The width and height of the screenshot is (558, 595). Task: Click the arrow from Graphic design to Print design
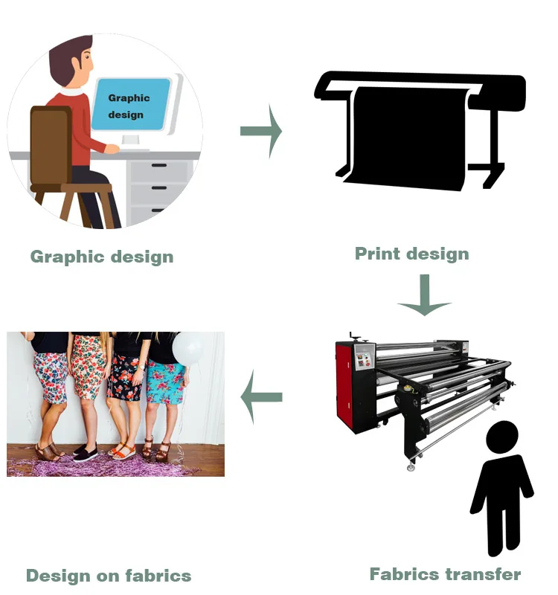(261, 131)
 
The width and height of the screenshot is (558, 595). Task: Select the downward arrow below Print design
(424, 295)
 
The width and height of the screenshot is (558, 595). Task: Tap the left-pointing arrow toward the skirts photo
(261, 397)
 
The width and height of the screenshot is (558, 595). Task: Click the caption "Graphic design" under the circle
(102, 257)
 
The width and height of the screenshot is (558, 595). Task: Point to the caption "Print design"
(412, 254)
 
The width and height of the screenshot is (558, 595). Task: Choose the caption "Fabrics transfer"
(445, 573)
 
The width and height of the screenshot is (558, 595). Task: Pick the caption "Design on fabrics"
(109, 576)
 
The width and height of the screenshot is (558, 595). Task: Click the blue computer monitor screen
(131, 103)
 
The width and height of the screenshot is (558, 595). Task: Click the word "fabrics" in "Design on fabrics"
(157, 576)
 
